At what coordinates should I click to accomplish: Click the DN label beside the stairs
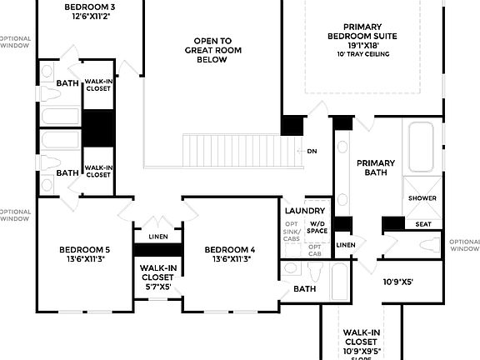point(312,151)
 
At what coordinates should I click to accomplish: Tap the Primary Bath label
point(375,167)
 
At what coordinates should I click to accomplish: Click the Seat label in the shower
point(422,223)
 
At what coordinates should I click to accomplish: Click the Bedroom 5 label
point(84,254)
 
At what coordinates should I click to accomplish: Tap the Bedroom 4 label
point(229,254)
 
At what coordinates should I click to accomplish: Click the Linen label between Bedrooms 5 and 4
point(157,235)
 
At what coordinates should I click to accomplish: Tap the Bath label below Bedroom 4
point(304,288)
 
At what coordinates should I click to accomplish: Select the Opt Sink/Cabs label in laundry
point(292,233)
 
